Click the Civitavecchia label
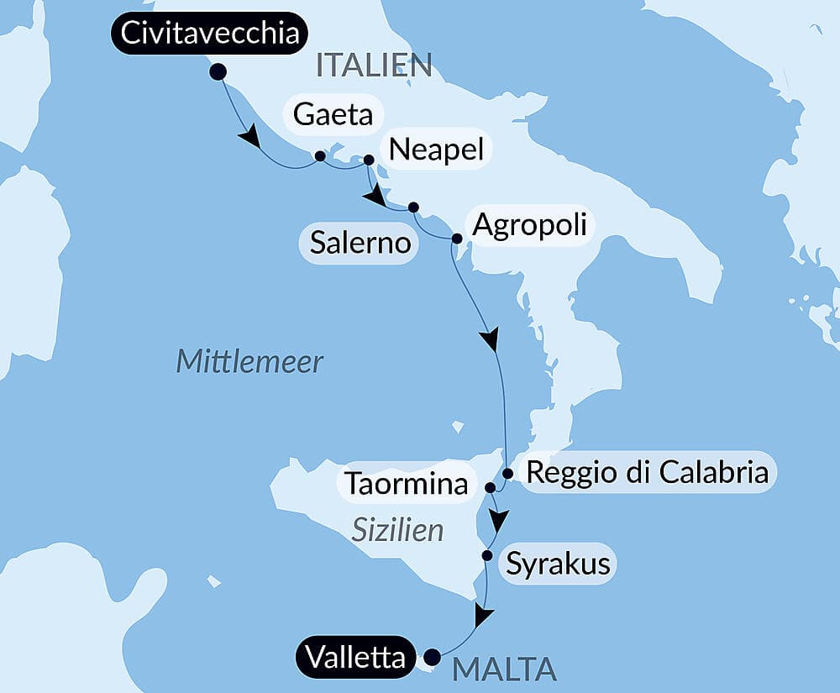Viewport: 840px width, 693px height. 209,34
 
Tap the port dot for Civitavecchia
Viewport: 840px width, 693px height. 218,72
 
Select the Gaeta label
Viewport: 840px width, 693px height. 333,114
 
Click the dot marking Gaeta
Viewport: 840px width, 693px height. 319,155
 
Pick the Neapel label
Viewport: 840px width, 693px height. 437,150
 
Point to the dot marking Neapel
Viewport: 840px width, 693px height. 368,160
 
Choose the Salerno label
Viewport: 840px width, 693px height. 360,243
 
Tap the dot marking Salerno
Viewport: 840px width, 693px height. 412,207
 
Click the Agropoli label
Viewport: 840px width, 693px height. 529,225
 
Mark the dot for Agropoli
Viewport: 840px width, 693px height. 456,239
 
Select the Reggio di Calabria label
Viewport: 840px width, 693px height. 647,472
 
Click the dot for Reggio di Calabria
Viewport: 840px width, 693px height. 507,473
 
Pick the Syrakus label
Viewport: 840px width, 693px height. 557,563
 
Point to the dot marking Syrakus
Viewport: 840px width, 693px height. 486,554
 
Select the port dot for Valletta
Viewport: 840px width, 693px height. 432,657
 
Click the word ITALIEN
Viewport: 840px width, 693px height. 374,65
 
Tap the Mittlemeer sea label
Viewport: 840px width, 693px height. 249,362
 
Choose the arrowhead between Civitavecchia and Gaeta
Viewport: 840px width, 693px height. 249,137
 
